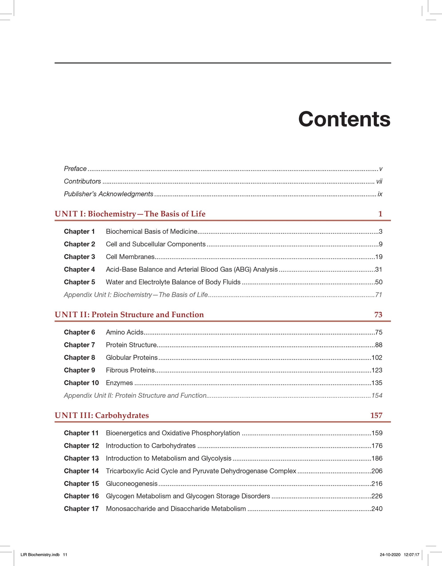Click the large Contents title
[x=344, y=119]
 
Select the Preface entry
[x=75, y=169]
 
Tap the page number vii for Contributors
[x=379, y=181]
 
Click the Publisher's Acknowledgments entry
[x=109, y=194]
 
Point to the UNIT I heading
[x=130, y=214]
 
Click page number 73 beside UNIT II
[x=378, y=315]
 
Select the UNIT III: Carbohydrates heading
[x=102, y=415]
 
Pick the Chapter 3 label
[x=79, y=257]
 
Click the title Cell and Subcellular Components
[x=155, y=244]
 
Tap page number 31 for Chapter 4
[x=379, y=269]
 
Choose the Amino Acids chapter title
[x=125, y=332]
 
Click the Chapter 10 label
[x=81, y=383]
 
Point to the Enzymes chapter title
[x=119, y=383]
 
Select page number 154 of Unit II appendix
[x=377, y=395]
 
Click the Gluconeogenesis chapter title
[x=132, y=483]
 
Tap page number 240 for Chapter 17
[x=377, y=509]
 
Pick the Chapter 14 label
[x=81, y=471]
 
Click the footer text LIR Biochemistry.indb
[x=40, y=555]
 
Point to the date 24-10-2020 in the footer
[x=390, y=555]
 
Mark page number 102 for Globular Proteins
[x=377, y=358]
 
